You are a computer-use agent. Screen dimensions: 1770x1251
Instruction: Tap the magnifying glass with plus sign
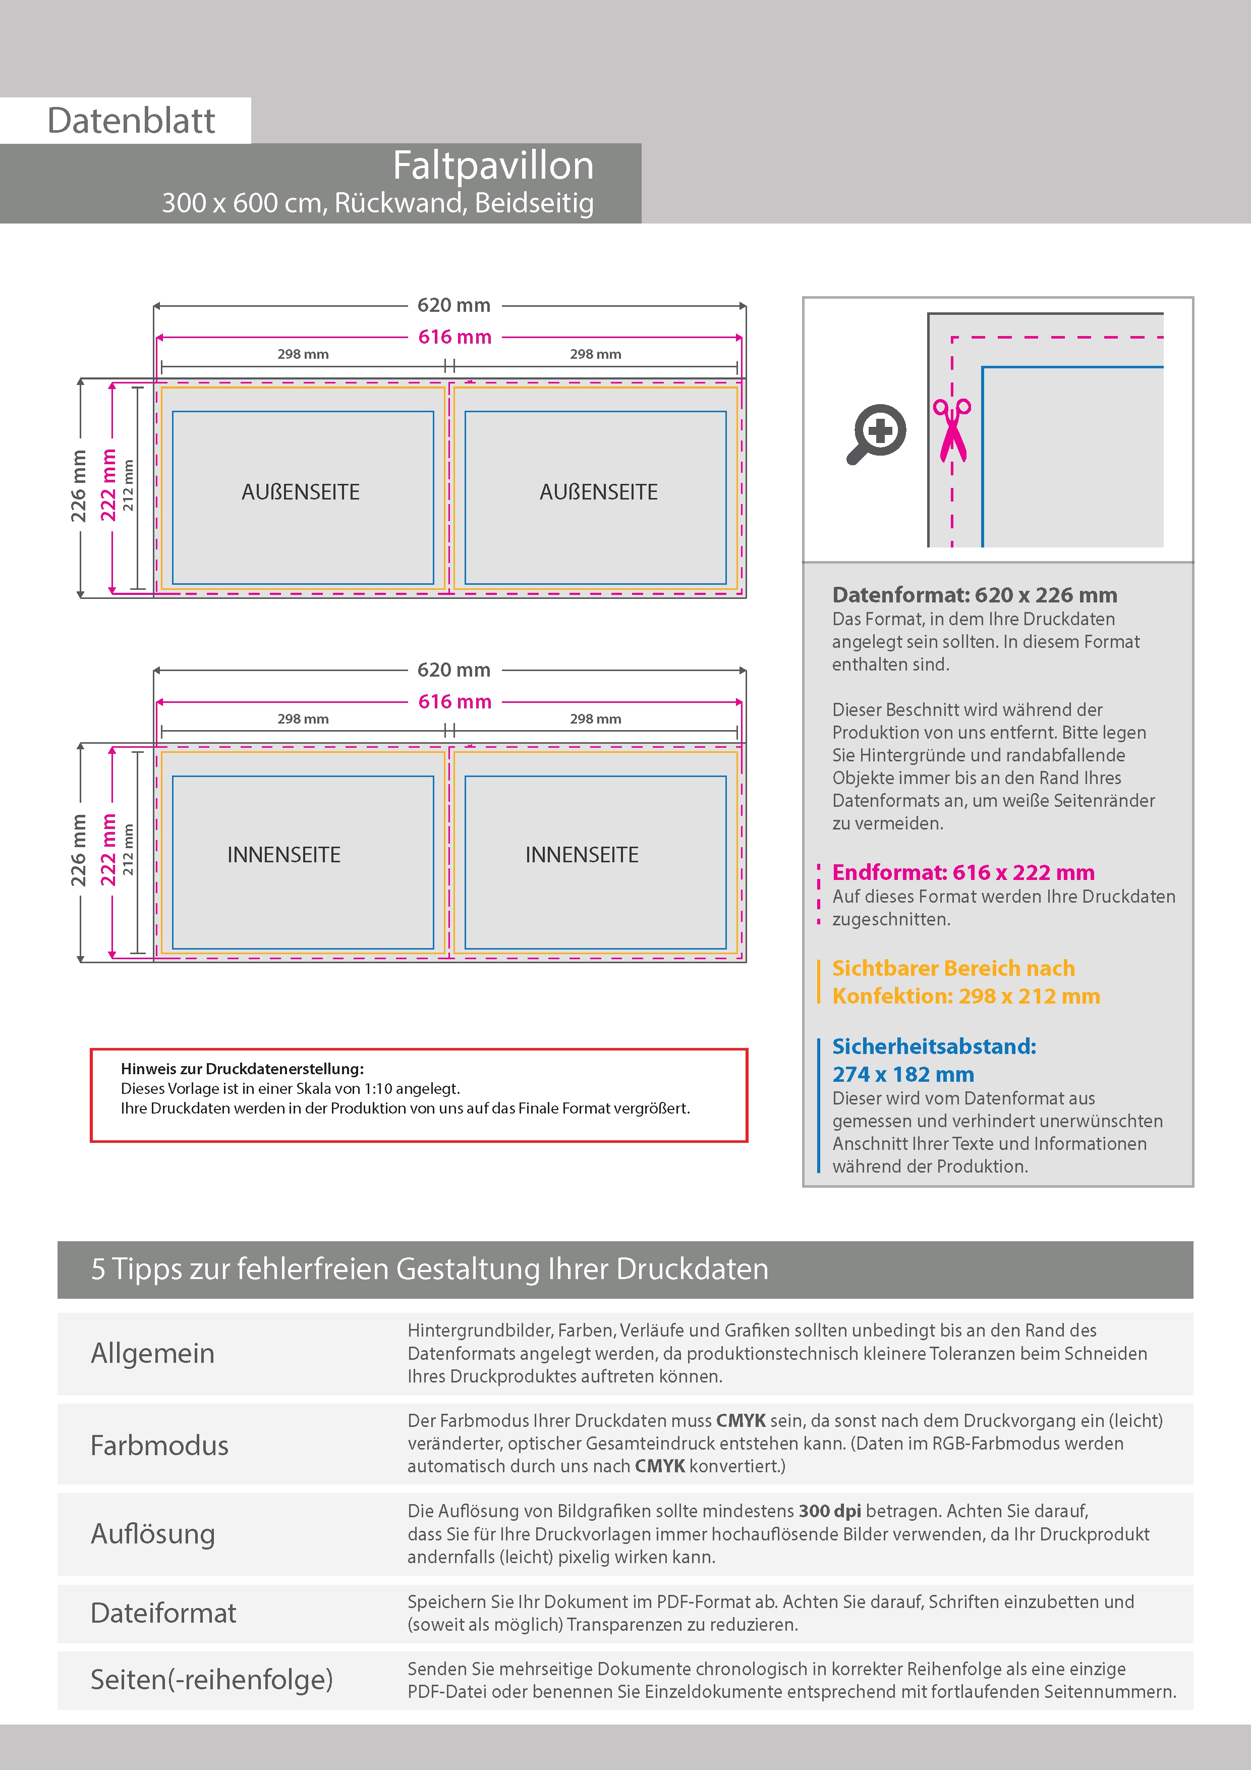pyautogui.click(x=876, y=434)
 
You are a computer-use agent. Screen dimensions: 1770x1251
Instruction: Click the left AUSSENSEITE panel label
pyautogui.click(x=301, y=492)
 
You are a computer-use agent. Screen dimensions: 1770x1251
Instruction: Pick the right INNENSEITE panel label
pyautogui.click(x=582, y=855)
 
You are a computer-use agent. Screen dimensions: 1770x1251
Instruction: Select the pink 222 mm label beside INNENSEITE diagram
pyautogui.click(x=108, y=850)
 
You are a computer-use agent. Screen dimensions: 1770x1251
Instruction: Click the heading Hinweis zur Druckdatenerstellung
pyautogui.click(x=242, y=1069)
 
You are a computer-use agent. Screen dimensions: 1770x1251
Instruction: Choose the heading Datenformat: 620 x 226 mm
pyautogui.click(x=974, y=595)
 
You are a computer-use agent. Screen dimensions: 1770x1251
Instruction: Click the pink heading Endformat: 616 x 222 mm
pyautogui.click(x=963, y=873)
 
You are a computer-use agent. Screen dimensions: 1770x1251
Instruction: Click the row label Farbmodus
pyautogui.click(x=159, y=1446)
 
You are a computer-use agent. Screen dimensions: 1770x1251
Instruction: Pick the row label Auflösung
pyautogui.click(x=153, y=1534)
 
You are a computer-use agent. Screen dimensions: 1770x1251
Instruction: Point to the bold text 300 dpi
pyautogui.click(x=829, y=1511)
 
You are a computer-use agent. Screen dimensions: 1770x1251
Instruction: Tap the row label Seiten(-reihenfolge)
pyautogui.click(x=211, y=1679)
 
